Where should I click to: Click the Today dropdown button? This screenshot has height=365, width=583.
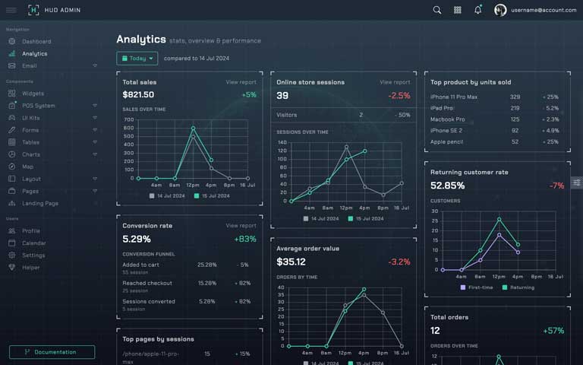coord(137,58)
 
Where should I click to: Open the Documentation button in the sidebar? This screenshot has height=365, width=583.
coord(52,352)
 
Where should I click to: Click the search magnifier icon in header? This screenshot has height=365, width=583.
coord(437,10)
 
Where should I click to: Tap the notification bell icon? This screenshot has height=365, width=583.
coord(477,10)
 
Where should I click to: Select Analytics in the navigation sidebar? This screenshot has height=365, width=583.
coord(34,54)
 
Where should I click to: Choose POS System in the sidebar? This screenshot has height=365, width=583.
coord(38,106)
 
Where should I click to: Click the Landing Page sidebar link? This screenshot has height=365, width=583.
coord(39,204)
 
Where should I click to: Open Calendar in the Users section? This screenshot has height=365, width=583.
coord(33,243)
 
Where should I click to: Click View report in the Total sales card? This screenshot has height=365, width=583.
coord(241,82)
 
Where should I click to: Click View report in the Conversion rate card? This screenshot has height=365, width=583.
coord(241,226)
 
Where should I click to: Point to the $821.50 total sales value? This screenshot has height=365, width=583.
coord(138,95)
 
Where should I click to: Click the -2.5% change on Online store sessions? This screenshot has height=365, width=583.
coord(399,96)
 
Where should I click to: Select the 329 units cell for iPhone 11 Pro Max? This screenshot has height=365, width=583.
coord(515,97)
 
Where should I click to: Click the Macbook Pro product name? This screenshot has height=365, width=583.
coord(447,119)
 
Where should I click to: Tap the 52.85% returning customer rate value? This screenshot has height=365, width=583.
coord(447,186)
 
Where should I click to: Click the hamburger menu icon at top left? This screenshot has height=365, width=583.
coord(11,10)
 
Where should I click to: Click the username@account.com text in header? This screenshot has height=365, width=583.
coord(544,10)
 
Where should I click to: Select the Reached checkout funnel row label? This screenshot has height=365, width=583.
coord(147,284)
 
